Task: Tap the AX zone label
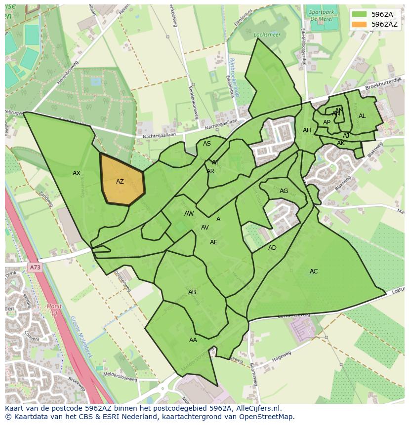77,173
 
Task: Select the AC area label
314,271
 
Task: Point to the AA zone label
193,340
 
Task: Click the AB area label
192,292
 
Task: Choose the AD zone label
272,248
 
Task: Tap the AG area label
284,191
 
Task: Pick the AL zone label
362,116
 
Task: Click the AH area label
307,130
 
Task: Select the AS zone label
207,144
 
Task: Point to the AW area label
189,214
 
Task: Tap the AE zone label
213,242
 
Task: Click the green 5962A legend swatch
359,14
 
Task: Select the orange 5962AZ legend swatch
359,24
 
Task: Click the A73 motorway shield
35,268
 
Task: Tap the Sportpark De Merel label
320,15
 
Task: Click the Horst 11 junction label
54,310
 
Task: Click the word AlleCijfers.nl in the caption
258,409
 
